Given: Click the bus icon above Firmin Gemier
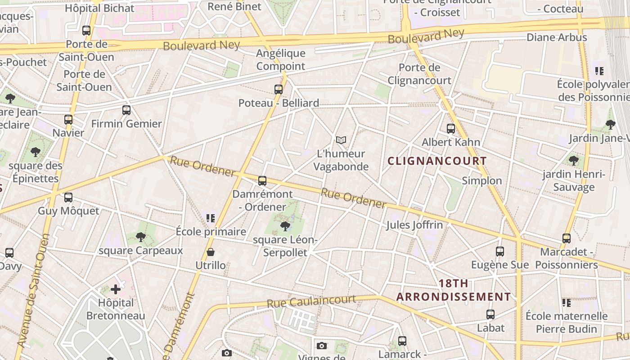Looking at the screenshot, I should (x=126, y=110).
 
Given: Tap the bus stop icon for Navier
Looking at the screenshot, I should (x=68, y=120).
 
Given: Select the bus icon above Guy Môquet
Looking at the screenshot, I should (x=68, y=198).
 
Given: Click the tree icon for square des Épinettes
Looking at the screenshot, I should (x=36, y=152).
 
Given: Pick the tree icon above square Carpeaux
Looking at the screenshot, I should (x=141, y=237).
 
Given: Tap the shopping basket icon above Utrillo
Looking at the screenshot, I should (x=211, y=252).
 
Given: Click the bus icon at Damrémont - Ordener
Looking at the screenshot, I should (x=262, y=181).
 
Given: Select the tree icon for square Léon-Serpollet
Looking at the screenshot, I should (x=285, y=226).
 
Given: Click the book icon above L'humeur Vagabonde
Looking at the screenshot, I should (x=341, y=140).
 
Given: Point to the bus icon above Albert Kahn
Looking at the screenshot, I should (x=451, y=129).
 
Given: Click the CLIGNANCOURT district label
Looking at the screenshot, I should (x=437, y=161).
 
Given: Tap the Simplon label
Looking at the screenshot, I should (x=481, y=180).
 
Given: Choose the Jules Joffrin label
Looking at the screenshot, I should (x=414, y=225).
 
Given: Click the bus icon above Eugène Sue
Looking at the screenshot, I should (x=500, y=252).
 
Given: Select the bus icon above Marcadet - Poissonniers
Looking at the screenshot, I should (x=567, y=238).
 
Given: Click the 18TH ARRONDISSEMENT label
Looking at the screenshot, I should (x=454, y=290).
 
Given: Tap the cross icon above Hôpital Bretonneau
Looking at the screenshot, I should (x=116, y=289).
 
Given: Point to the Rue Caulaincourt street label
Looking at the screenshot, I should (x=311, y=301).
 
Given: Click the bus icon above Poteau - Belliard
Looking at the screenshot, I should (x=279, y=90).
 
